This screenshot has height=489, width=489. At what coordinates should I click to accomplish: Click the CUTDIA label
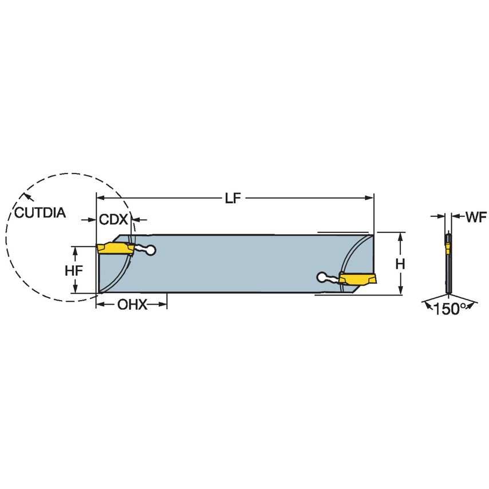click(x=40, y=213)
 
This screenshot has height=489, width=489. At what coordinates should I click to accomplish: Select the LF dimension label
click(x=231, y=198)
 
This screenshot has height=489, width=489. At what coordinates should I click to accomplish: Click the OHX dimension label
click(x=132, y=305)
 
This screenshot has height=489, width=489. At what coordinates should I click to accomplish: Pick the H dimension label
click(x=401, y=264)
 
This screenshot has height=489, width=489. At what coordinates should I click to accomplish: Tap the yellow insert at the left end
click(x=115, y=249)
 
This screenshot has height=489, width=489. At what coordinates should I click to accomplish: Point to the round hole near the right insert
click(x=322, y=278)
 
